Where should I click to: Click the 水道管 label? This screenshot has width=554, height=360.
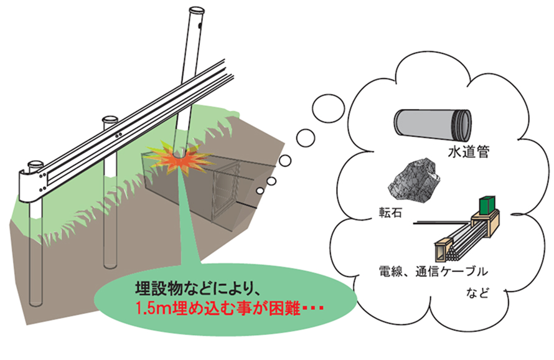[x=469, y=153]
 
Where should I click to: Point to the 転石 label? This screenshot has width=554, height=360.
[x=390, y=212]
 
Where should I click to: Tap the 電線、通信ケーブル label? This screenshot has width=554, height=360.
[x=433, y=272]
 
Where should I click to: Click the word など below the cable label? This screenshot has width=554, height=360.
[x=477, y=293]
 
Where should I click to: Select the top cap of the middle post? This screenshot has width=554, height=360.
[x=110, y=119]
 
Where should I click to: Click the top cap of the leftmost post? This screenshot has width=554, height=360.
[x=36, y=165]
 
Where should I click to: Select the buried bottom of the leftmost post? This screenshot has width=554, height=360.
[x=35, y=302]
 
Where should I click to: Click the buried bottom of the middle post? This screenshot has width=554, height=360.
[x=110, y=265]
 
